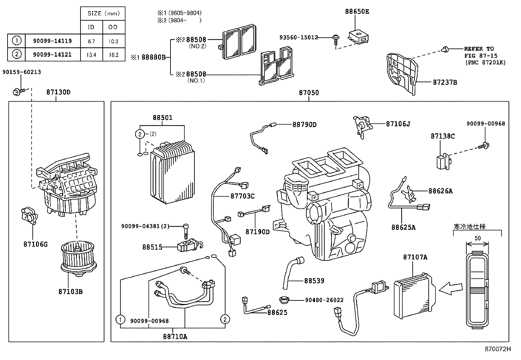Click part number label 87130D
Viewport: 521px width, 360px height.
tap(58, 92)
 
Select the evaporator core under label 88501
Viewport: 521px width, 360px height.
tap(172, 172)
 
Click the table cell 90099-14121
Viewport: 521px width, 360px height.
tap(52, 54)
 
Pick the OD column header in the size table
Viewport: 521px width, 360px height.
tap(113, 27)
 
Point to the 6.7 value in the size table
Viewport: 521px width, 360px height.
tap(91, 41)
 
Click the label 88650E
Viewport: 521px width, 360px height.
tap(357, 11)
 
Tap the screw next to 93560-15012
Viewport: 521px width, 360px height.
tap(336, 39)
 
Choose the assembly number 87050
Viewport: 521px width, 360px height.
tap(308, 93)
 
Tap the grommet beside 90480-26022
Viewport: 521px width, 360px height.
tap(285, 299)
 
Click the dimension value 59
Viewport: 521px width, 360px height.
tap(477, 238)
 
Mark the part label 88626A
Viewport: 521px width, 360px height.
tap(440, 191)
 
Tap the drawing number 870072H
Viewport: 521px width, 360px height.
tap(497, 349)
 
